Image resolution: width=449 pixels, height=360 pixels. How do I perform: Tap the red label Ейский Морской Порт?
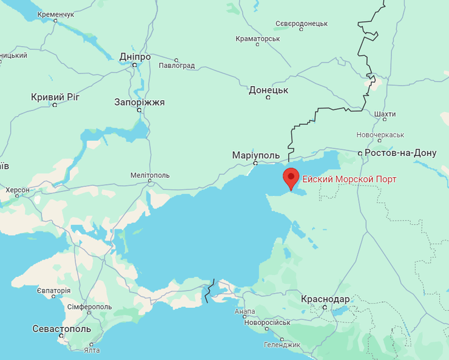click(349, 179)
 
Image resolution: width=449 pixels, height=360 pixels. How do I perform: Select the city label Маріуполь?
click(255, 155)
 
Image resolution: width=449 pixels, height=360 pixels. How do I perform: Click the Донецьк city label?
click(268, 90)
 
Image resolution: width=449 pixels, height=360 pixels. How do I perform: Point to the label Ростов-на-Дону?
click(400, 153)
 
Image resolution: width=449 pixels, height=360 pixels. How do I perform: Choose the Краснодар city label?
click(325, 299)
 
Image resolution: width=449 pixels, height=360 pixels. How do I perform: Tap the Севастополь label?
click(61, 328)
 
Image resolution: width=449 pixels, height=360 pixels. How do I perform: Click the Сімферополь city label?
click(89, 307)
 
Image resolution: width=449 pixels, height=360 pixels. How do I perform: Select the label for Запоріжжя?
click(140, 102)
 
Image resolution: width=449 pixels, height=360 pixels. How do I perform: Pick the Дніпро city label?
click(135, 56)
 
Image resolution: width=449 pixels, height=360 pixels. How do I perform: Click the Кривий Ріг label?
click(55, 97)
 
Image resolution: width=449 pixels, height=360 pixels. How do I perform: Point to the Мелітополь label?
click(150, 175)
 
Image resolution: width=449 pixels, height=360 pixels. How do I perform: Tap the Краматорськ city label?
click(258, 39)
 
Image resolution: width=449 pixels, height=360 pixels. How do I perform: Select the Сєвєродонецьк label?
click(301, 23)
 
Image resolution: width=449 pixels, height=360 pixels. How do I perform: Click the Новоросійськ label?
click(267, 322)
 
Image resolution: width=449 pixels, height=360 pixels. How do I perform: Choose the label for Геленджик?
click(282, 344)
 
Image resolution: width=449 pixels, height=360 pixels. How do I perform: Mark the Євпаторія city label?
click(53, 291)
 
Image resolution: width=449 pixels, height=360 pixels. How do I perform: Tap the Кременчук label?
click(56, 13)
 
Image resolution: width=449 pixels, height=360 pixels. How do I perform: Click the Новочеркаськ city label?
click(380, 134)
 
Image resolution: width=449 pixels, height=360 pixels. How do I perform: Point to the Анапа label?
click(245, 311)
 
